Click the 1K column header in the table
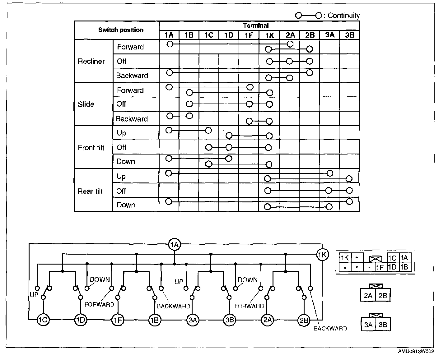(269, 35)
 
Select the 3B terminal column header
(350, 35)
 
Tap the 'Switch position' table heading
(121, 30)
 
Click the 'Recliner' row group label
(91, 61)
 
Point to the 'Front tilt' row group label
(91, 148)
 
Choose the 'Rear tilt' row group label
(90, 191)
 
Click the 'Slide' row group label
(86, 104)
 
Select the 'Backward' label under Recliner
(132, 76)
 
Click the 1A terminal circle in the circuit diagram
(175, 245)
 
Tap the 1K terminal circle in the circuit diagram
(322, 255)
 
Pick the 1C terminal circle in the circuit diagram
(43, 320)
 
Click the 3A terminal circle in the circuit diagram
(193, 320)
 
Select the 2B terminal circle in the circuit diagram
(304, 320)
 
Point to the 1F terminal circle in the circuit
(118, 320)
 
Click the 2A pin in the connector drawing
(368, 295)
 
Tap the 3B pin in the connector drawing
(383, 325)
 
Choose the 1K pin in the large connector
(344, 258)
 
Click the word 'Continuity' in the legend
(343, 16)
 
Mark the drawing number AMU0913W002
(416, 352)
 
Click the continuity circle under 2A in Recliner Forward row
(290, 44)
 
